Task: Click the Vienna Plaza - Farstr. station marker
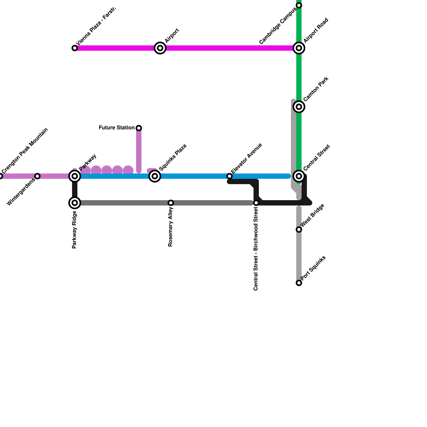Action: pyautogui.click(x=75, y=48)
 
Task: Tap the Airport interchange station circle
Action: pyautogui.click(x=160, y=48)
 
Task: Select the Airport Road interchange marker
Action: pyautogui.click(x=299, y=48)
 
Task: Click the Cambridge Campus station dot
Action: pyautogui.click(x=299, y=5)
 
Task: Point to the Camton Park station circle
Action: pyautogui.click(x=299, y=107)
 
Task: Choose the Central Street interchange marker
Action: pyautogui.click(x=299, y=176)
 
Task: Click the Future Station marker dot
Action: pyautogui.click(x=139, y=128)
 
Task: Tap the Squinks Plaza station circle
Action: pyautogui.click(x=155, y=176)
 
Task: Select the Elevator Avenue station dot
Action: pyautogui.click(x=230, y=176)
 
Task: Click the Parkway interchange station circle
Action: pyautogui.click(x=75, y=176)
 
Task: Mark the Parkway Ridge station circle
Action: pyautogui.click(x=75, y=203)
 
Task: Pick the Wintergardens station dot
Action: pyautogui.click(x=37, y=176)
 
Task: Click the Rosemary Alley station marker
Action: pyautogui.click(x=171, y=203)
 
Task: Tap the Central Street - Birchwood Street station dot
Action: pyautogui.click(x=256, y=203)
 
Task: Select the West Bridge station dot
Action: pyautogui.click(x=299, y=230)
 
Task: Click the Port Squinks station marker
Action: pyautogui.click(x=299, y=283)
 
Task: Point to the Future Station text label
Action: pyautogui.click(x=117, y=128)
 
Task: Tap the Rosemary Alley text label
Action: pyautogui.click(x=171, y=227)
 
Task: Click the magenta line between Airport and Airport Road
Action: pyautogui.click(x=230, y=48)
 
